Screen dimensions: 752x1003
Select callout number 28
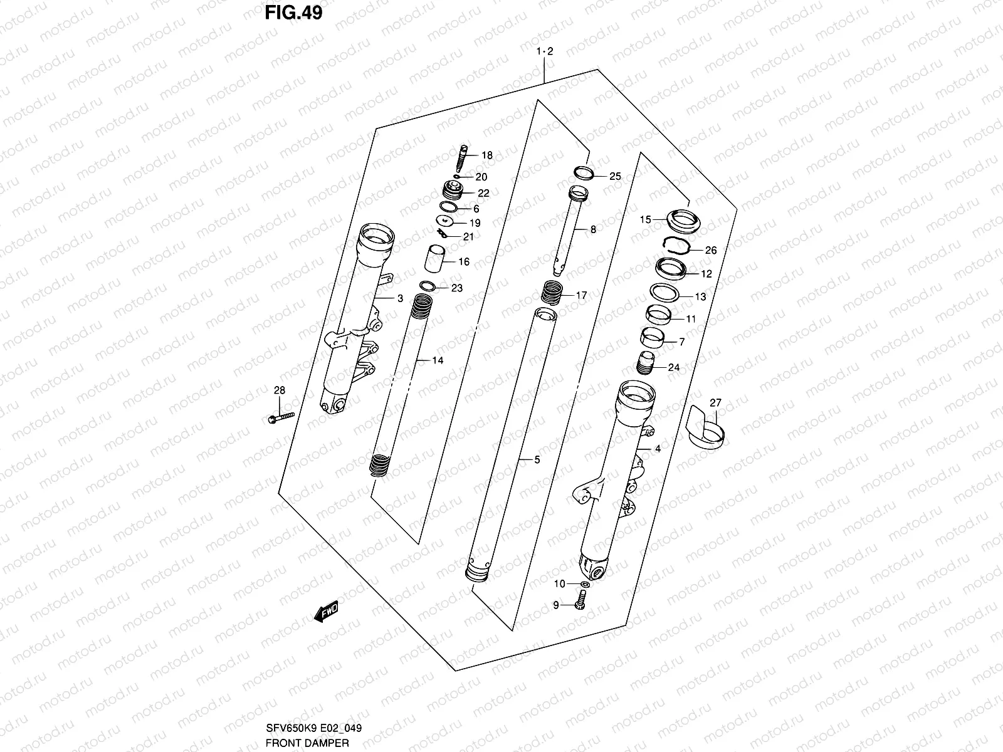pyautogui.click(x=280, y=390)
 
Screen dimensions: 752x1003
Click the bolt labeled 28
pyautogui.click(x=280, y=416)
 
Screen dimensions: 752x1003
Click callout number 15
pyautogui.click(x=645, y=219)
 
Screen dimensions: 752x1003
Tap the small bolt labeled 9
pyautogui.click(x=579, y=604)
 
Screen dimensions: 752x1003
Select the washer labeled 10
pyautogui.click(x=584, y=584)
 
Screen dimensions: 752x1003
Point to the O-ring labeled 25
pyautogui.click(x=582, y=174)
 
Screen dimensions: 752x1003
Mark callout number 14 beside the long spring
pyautogui.click(x=438, y=360)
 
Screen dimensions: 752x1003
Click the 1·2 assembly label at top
pyautogui.click(x=544, y=52)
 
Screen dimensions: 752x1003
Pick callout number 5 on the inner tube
pyautogui.click(x=537, y=460)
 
